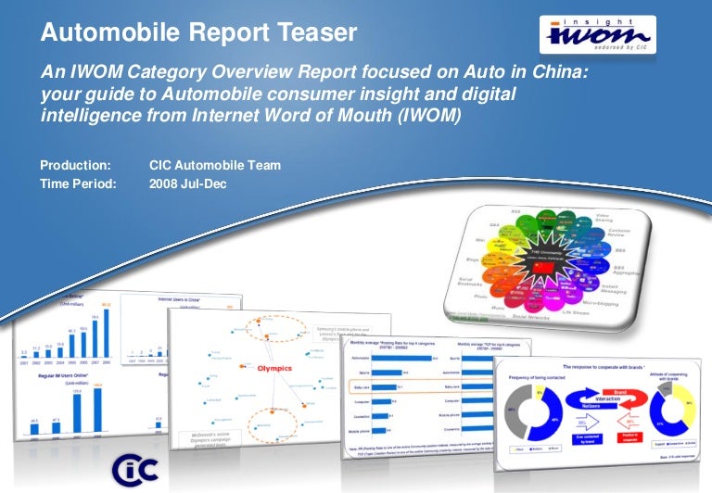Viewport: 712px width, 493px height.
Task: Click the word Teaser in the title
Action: (x=312, y=33)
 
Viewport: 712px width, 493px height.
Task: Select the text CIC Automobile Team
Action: (x=214, y=166)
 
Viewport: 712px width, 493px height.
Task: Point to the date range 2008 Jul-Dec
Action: (x=187, y=183)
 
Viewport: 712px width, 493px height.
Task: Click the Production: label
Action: (x=75, y=166)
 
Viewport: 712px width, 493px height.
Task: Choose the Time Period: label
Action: (x=79, y=183)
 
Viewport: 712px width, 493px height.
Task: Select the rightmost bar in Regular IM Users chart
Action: (x=97, y=408)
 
